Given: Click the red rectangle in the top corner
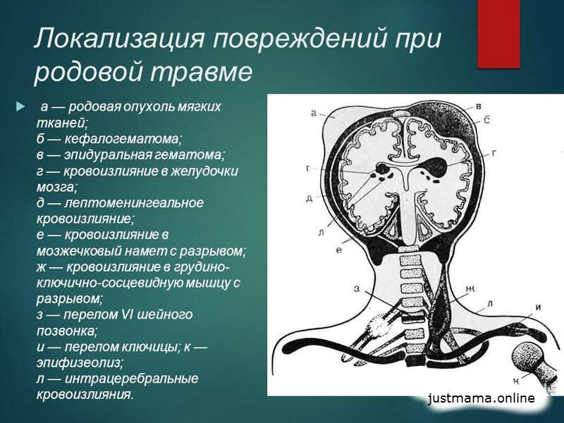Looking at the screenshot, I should pyautogui.click(x=499, y=33).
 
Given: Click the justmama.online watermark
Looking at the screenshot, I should pyautogui.click(x=482, y=399).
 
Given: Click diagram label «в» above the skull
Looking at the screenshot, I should pyautogui.click(x=479, y=106).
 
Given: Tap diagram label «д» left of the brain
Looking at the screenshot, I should pyautogui.click(x=309, y=198).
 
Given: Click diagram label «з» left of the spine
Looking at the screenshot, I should pyautogui.click(x=357, y=286).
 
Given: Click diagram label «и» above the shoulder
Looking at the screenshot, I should pyautogui.click(x=537, y=307).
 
